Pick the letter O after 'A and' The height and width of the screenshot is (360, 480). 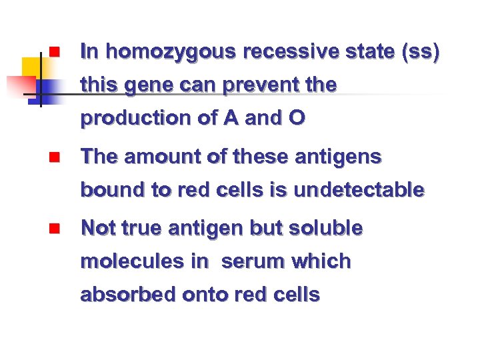pyautogui.click(x=297, y=119)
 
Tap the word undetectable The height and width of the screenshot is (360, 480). pyautogui.click(x=359, y=190)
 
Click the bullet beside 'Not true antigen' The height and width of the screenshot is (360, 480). pyautogui.click(x=54, y=229)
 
